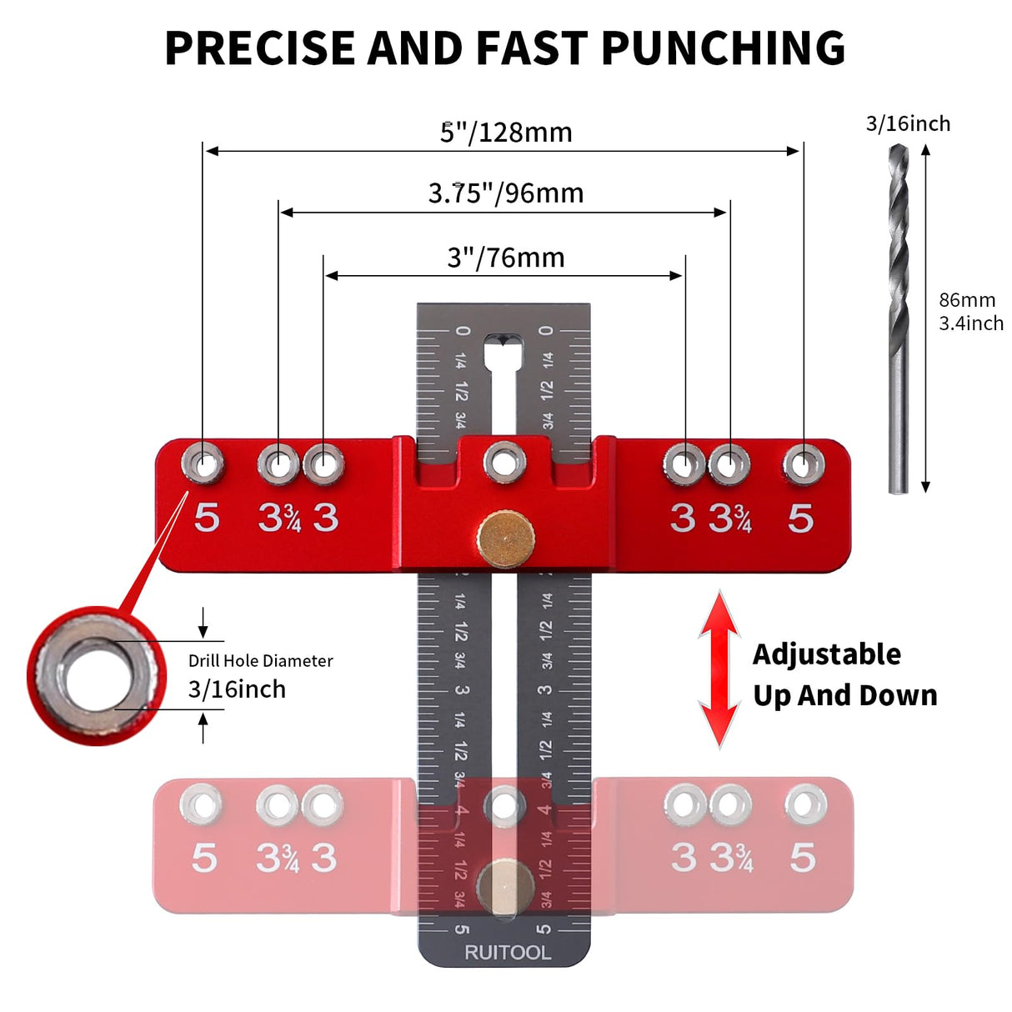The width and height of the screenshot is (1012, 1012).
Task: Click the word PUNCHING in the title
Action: click(723, 48)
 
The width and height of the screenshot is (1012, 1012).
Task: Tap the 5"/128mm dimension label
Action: click(506, 133)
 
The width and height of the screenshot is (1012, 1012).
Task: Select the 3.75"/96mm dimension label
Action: click(506, 193)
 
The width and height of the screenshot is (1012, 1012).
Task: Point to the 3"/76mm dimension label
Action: click(506, 258)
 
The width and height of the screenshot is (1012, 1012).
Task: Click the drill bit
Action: click(898, 317)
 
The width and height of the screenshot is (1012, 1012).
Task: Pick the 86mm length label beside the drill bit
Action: click(967, 300)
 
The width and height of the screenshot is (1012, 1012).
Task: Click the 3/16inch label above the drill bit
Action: click(908, 124)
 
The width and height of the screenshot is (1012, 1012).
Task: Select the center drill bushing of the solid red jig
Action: click(505, 462)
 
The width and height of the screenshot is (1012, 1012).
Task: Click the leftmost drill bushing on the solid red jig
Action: click(203, 463)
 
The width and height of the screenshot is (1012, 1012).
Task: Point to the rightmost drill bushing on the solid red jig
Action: click(804, 463)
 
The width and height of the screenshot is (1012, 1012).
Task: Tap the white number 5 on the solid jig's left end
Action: click(207, 518)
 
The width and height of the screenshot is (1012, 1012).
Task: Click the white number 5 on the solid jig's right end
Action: click(800, 519)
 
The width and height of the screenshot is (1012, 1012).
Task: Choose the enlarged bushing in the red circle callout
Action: click(96, 675)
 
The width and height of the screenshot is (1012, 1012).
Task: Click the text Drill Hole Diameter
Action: click(260, 661)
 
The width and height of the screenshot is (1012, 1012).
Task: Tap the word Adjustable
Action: click(826, 654)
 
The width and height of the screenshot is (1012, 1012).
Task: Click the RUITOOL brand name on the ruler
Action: click(507, 952)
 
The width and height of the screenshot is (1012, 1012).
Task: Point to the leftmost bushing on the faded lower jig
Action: click(202, 805)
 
